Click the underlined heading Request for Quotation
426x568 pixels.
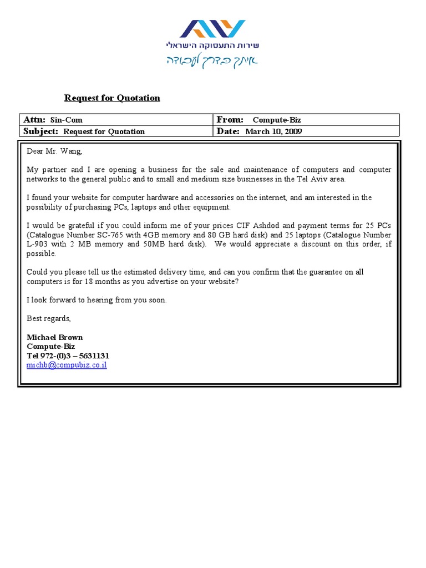112,98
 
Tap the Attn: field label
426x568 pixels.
34,120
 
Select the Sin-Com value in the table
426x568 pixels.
66,120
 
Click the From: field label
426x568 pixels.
230,120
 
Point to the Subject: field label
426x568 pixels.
40,131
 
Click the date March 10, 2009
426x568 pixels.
273,131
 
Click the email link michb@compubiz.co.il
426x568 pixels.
67,366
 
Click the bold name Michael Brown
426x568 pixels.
55,337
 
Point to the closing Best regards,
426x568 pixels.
49,318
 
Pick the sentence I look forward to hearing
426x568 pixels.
97,300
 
